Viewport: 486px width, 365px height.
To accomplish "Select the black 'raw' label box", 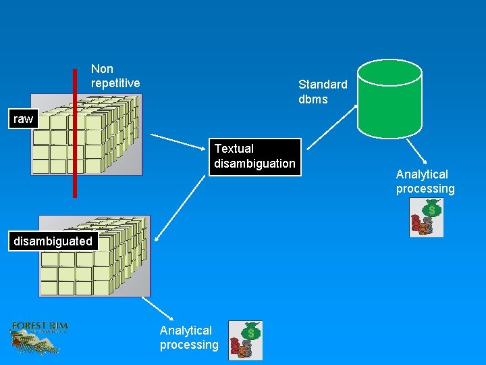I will (23, 120).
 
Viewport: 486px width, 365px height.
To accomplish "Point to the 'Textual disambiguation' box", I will (254, 157).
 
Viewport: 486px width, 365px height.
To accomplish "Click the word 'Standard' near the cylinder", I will (323, 84).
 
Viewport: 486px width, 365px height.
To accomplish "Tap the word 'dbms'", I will (313, 99).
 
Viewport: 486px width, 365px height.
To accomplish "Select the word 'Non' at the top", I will (102, 69).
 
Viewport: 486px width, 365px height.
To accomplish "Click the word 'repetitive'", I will (115, 83).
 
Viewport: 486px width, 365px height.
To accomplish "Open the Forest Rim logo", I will (39, 335).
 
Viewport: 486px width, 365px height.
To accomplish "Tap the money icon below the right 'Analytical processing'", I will (427, 218).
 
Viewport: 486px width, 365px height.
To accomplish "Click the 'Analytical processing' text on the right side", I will (425, 182).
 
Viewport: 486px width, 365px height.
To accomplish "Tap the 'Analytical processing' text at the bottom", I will (189, 337).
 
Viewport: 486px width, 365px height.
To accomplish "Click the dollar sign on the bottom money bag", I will (251, 332).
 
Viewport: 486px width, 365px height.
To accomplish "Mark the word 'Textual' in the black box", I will (234, 149).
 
